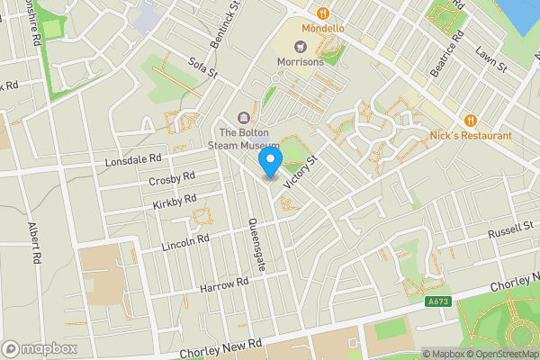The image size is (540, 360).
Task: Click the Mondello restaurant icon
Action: [x=322, y=13]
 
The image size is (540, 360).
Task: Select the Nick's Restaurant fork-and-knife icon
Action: [x=470, y=121]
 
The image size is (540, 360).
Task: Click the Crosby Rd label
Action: [x=171, y=181]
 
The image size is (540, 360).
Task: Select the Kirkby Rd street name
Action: [x=174, y=202]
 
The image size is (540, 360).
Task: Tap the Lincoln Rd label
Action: [x=185, y=241]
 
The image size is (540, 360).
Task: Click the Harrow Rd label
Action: [x=224, y=284]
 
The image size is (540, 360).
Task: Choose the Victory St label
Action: [x=300, y=171]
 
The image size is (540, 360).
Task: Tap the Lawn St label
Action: [x=492, y=62]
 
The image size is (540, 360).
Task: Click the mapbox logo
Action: [x=40, y=348]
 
